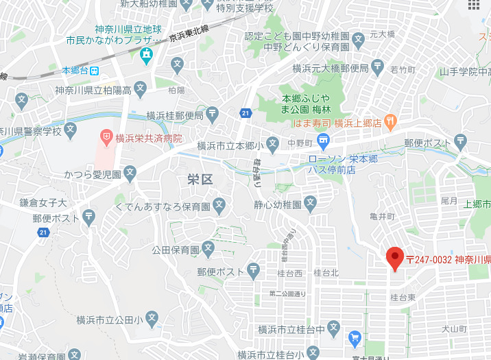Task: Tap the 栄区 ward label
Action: coord(200,180)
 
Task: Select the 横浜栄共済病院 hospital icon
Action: coord(106,137)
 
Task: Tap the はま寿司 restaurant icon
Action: coord(391,123)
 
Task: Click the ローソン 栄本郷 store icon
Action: coord(324,141)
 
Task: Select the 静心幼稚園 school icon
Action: coord(311,202)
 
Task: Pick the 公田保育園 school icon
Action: coord(208,248)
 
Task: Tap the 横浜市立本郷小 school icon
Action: coord(273,145)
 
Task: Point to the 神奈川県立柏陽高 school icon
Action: coord(141,88)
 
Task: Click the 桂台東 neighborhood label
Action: coord(403,297)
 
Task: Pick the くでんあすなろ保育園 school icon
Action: coord(219,204)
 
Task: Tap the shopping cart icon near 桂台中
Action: coord(355,337)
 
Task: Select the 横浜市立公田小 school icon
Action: coord(152,318)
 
